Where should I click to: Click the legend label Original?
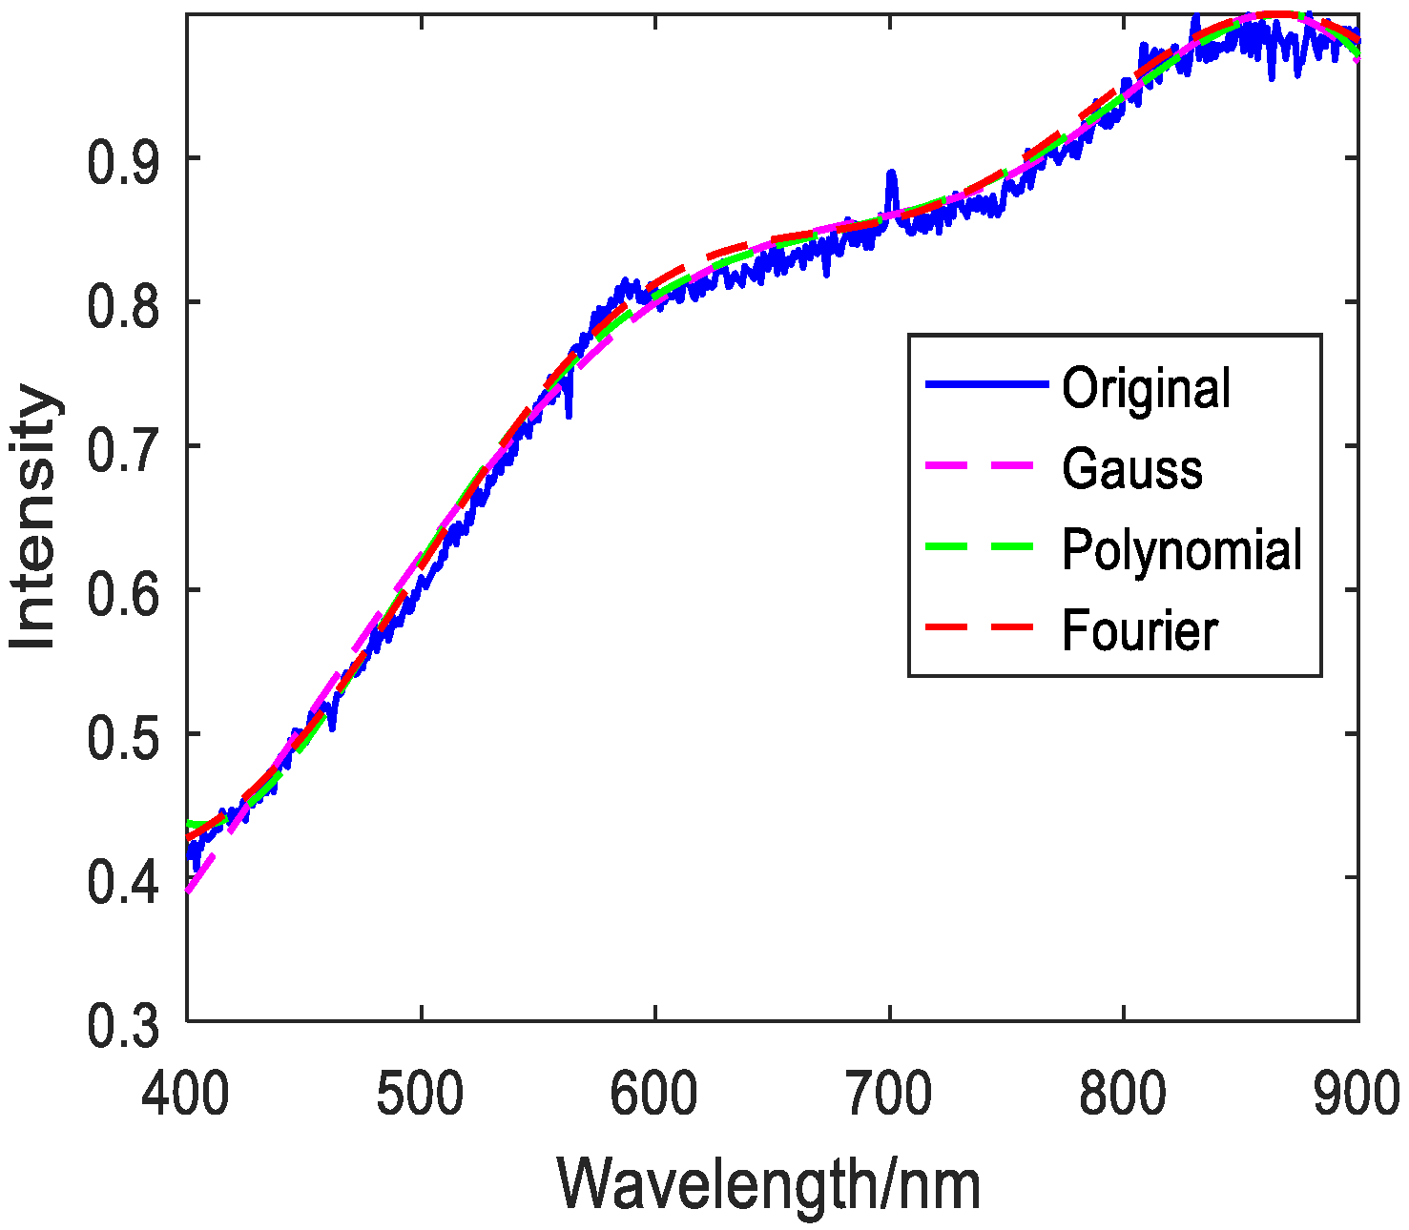pyautogui.click(x=1146, y=388)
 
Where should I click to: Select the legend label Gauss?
pyautogui.click(x=1132, y=469)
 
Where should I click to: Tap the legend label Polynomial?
pyautogui.click(x=1182, y=550)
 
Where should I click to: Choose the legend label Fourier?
pyautogui.click(x=1140, y=631)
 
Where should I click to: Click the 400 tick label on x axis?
pyautogui.click(x=186, y=1095)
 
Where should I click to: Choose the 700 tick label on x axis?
pyautogui.click(x=889, y=1095)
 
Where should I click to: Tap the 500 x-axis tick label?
pyautogui.click(x=421, y=1095)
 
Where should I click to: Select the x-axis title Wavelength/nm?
pyautogui.click(x=769, y=1183)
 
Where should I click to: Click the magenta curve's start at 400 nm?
pyautogui.click(x=190, y=890)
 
